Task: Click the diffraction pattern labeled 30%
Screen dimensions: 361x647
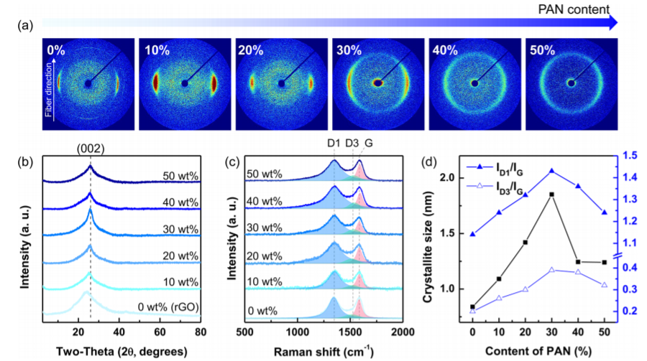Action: click(378, 83)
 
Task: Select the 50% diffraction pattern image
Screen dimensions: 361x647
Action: click(572, 83)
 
